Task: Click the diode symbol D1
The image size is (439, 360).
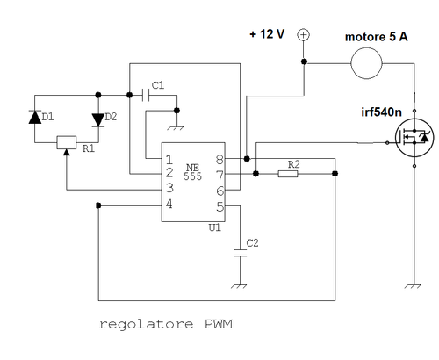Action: pos(34,117)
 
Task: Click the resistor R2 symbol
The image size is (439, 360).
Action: pos(288,174)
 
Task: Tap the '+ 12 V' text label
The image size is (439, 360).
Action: pos(268,34)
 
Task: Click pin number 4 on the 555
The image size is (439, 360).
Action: pos(168,204)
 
